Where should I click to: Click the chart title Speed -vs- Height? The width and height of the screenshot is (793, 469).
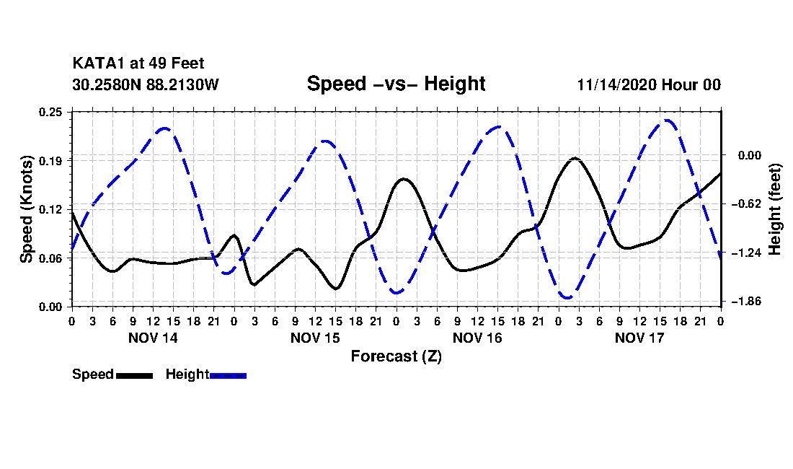pos(396,84)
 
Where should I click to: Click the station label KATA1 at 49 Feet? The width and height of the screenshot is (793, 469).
pos(138,63)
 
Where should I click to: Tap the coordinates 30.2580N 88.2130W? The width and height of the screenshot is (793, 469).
pos(145,84)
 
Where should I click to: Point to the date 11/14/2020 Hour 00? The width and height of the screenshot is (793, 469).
pos(649,84)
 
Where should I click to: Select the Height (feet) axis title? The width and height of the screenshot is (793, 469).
pos(774,209)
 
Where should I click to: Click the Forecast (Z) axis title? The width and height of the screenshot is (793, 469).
pos(396,356)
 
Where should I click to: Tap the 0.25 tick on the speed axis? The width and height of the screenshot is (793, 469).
pos(50,112)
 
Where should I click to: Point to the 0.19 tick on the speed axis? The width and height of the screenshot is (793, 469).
pos(50,161)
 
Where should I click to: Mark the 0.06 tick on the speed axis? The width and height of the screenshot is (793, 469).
pos(50,258)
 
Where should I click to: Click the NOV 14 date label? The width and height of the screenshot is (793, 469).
pos(154,338)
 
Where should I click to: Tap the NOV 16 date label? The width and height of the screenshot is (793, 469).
pos(477,338)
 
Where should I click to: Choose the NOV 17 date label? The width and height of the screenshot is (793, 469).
pos(639,338)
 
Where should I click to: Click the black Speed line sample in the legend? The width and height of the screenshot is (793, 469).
pos(135,375)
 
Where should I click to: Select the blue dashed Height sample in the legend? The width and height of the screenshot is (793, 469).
pos(228,375)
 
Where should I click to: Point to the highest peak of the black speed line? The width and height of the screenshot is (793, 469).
pos(575,158)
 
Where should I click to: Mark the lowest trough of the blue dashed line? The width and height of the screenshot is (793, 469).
pos(567,297)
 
